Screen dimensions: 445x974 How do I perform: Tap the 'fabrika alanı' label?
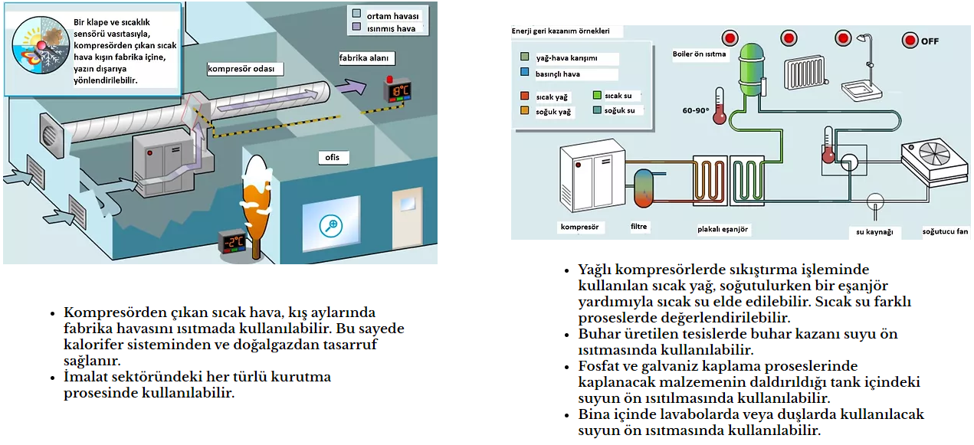pyautogui.click(x=364, y=58)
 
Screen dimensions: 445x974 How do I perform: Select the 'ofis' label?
pyautogui.click(x=333, y=158)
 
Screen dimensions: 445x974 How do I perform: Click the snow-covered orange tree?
pyautogui.click(x=256, y=191)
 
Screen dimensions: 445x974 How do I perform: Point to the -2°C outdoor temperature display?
pyautogui.click(x=233, y=242)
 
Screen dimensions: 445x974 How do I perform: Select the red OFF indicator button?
pyautogui.click(x=910, y=41)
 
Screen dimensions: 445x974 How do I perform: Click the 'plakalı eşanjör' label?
pyautogui.click(x=723, y=229)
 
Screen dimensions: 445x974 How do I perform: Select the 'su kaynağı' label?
pyautogui.click(x=874, y=231)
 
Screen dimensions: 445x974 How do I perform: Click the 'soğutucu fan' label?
pyautogui.click(x=945, y=231)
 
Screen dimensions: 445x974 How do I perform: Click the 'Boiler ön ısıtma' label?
pyautogui.click(x=699, y=54)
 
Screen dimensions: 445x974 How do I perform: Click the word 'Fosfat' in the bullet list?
pyautogui.click(x=602, y=366)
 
